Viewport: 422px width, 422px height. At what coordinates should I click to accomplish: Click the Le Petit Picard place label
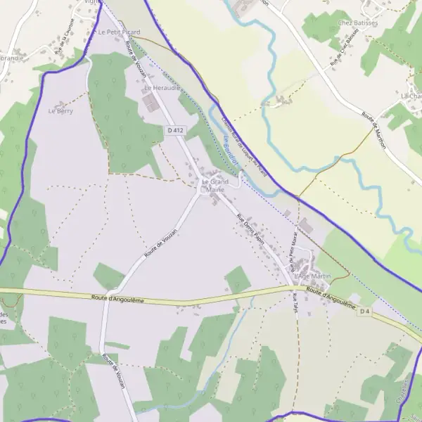coord(120,32)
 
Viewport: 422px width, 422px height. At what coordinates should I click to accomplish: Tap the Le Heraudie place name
coord(162,89)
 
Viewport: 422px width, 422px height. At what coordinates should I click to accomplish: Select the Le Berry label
coord(60,111)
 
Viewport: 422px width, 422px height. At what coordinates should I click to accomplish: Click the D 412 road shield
coord(176,131)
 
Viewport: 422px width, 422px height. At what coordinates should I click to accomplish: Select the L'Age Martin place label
coord(313,276)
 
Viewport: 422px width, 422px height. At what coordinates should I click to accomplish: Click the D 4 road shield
coord(364,311)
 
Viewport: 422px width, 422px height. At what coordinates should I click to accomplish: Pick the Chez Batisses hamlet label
coord(358,23)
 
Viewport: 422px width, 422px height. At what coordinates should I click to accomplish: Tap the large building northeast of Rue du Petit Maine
coord(306,227)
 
